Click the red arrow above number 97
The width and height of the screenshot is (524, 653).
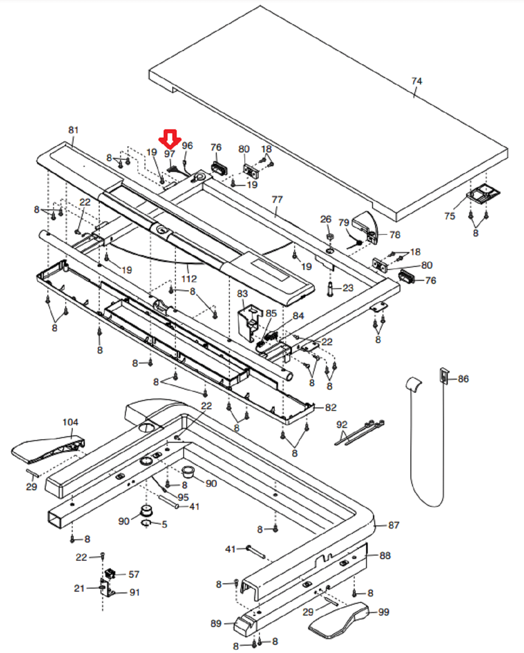(x=170, y=139)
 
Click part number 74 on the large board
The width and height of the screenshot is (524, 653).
(x=417, y=81)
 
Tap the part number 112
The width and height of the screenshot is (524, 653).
(x=189, y=279)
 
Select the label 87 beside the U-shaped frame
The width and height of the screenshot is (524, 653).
(x=393, y=525)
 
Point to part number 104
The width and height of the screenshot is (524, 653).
(x=70, y=422)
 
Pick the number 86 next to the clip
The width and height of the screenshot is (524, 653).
(x=463, y=379)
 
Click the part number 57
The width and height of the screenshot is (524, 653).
(x=134, y=574)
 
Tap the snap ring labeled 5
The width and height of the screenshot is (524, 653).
(x=146, y=523)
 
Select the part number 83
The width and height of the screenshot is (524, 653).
(x=242, y=293)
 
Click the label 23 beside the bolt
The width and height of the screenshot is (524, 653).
(x=348, y=288)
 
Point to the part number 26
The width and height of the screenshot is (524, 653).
(x=326, y=219)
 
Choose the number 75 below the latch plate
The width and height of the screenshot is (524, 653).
(x=450, y=216)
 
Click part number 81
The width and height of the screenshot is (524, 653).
(x=74, y=130)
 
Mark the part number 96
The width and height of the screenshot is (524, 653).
(x=187, y=145)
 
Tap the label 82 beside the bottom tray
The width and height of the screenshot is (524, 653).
(x=331, y=407)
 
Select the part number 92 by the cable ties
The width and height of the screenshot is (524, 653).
(x=342, y=424)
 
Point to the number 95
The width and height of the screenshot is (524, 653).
(x=183, y=497)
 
